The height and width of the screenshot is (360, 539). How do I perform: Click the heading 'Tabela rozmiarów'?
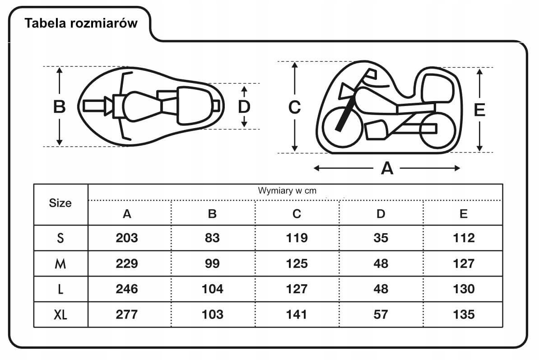81,23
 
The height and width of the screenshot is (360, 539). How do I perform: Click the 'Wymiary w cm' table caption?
287,191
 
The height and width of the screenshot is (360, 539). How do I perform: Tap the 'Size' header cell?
60,203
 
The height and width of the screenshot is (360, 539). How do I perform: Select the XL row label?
60,314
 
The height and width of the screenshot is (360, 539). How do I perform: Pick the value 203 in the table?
127,238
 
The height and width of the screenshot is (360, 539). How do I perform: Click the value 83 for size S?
212,238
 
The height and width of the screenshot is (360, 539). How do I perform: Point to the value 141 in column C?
296,314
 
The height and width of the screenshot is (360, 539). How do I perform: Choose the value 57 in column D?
381,314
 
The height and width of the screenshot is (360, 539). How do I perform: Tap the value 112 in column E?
464,238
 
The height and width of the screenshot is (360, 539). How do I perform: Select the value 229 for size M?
127,263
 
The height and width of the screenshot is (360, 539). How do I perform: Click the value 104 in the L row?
213,289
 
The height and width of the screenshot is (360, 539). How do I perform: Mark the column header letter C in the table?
297,214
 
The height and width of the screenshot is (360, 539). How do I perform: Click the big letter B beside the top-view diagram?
60,106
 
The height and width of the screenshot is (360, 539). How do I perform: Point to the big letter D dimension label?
244,107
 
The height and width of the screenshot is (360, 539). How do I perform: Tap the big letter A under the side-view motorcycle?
387,168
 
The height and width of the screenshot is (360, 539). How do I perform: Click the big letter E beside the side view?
479,110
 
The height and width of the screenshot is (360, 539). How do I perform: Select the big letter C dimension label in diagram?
295,107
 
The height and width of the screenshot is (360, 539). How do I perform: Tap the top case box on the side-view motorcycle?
437,88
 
